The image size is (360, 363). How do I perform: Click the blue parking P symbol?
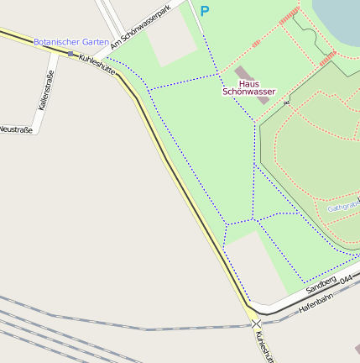204,12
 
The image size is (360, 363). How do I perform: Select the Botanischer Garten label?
70,41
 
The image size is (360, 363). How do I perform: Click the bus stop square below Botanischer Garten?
70,54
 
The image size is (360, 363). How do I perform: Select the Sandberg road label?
321,285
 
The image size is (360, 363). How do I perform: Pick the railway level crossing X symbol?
256,323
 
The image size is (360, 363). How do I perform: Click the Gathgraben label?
343,206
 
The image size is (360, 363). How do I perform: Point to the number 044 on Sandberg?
346,276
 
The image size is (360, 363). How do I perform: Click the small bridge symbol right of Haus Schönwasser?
286,103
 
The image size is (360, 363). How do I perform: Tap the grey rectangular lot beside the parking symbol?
173,45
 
